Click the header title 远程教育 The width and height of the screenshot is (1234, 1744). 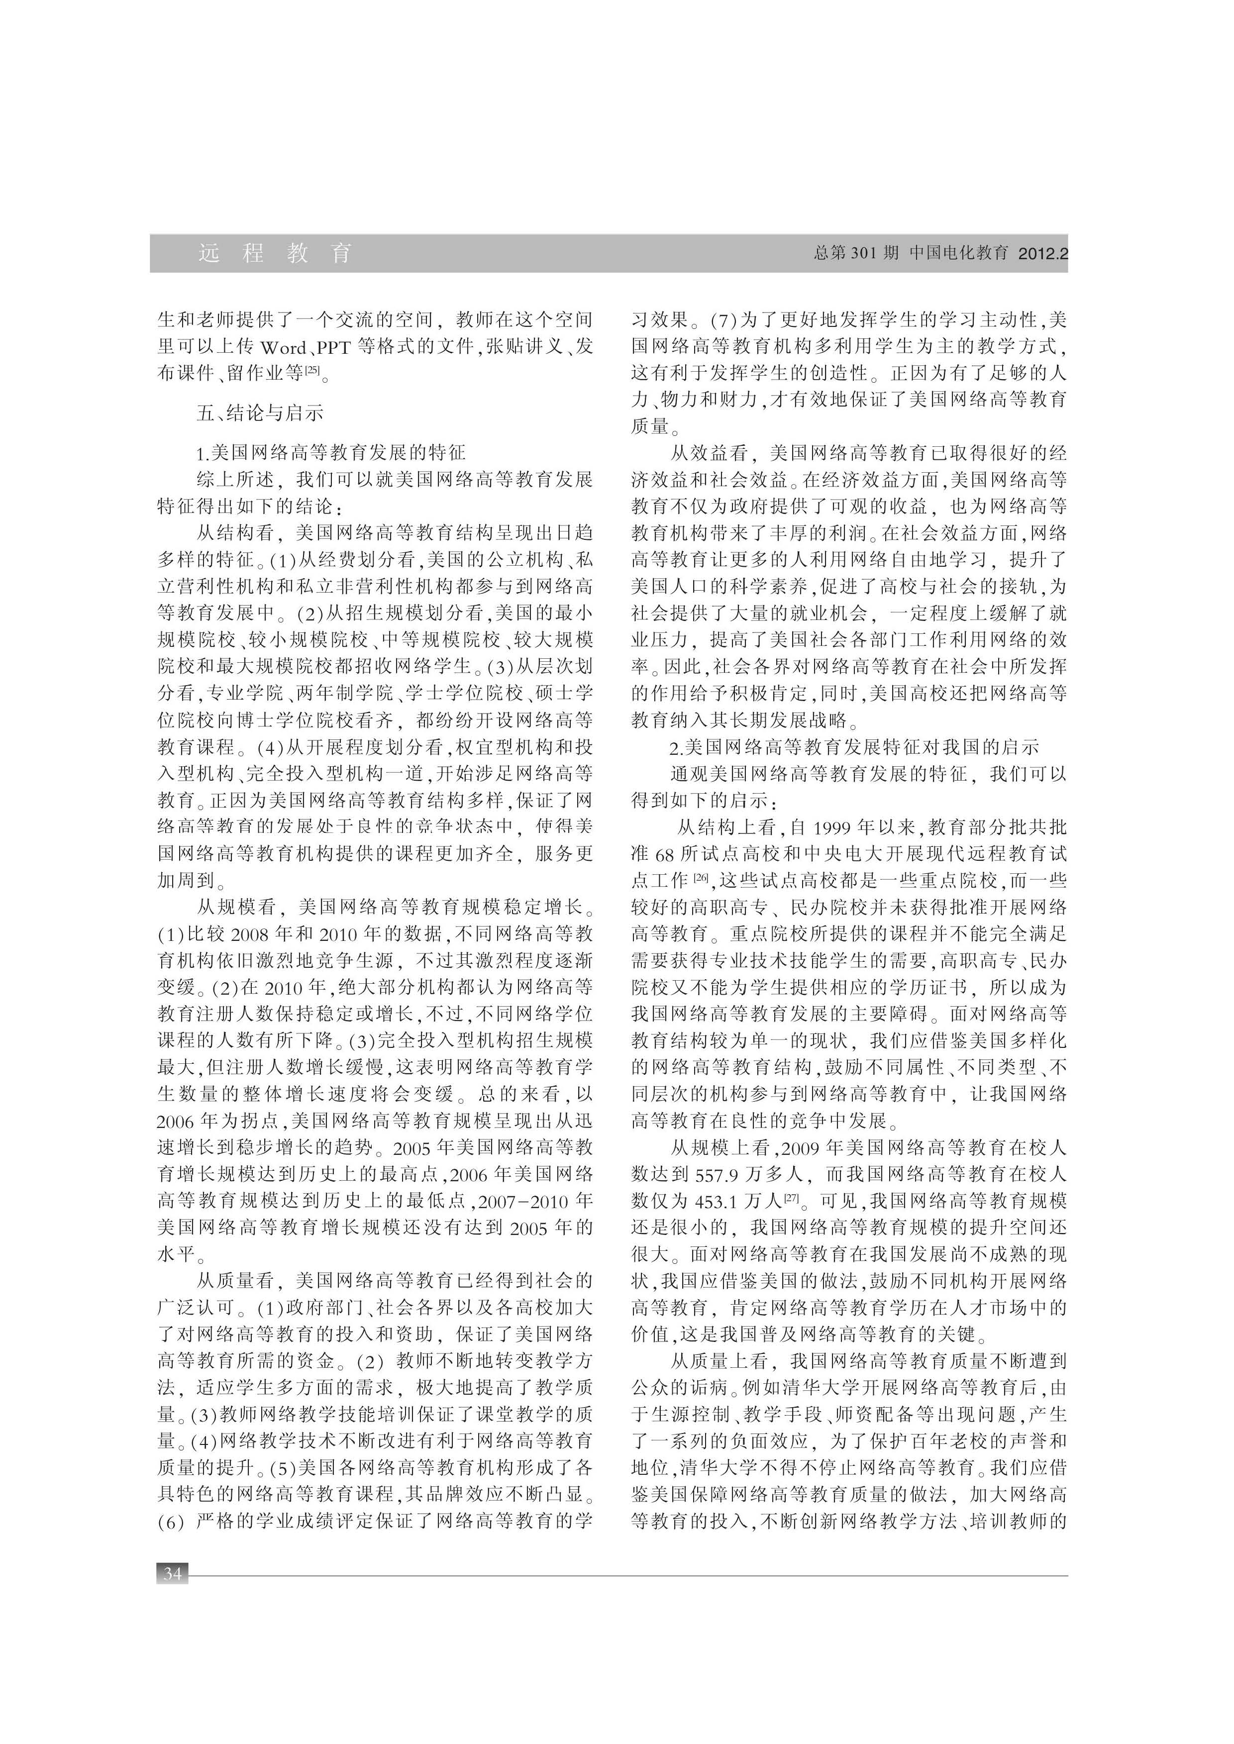pyautogui.click(x=275, y=253)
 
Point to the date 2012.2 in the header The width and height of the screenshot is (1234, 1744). pyautogui.click(x=1042, y=254)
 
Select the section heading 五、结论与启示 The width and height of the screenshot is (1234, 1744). pyautogui.click(x=260, y=412)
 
